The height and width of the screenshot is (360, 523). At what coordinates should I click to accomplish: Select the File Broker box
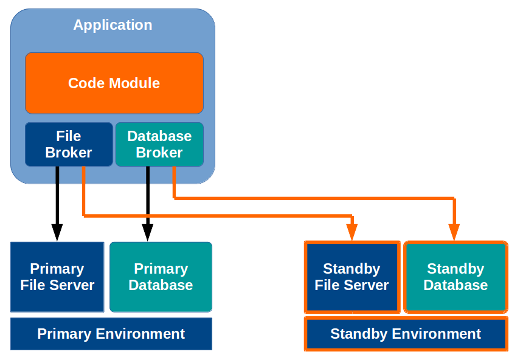coord(69,144)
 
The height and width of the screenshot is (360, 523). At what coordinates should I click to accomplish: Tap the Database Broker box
coord(159,144)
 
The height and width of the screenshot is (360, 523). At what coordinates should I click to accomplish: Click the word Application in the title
coord(113,25)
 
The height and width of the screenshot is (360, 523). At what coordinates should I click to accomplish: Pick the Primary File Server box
coord(57,277)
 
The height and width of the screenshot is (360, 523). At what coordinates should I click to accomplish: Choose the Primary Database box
coord(161,277)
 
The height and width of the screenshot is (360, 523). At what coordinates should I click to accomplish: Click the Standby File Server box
coord(352,277)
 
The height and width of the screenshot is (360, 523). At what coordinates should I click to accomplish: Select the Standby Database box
coord(455,277)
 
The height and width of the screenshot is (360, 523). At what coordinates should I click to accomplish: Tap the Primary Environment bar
coord(111,333)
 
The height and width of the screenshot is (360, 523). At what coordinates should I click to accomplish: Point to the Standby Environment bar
coord(406,333)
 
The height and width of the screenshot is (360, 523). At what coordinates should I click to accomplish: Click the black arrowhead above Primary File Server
coord(57,232)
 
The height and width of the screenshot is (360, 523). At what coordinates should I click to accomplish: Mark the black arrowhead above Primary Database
coord(147,232)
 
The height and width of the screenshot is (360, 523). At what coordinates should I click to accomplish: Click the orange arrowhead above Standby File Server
coord(352,232)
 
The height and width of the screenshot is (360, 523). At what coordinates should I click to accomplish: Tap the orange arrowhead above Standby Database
coord(454,232)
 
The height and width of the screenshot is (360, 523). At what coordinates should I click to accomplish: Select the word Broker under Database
coord(159,153)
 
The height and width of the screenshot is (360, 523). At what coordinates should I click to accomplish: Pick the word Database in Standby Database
coord(455,285)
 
